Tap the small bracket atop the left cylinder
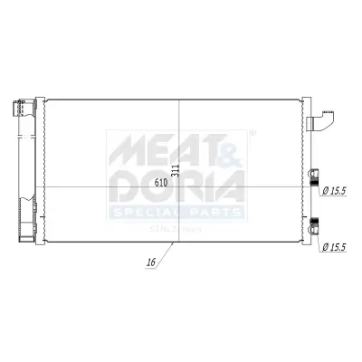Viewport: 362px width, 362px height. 18,110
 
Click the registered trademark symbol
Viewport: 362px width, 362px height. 252,132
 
